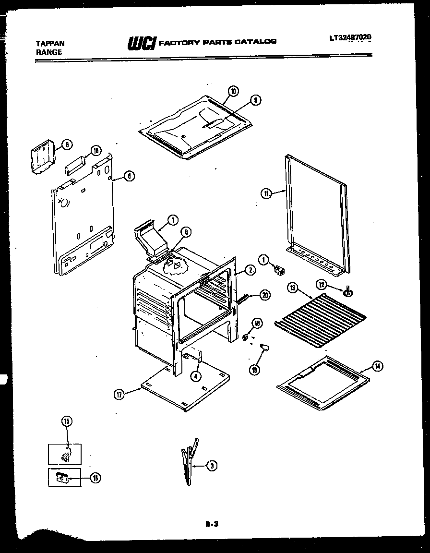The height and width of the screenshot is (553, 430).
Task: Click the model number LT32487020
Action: click(x=351, y=37)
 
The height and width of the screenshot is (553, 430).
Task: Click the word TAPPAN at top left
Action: click(x=50, y=43)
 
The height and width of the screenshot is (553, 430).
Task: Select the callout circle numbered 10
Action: click(x=233, y=91)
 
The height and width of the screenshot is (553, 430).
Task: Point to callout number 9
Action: click(x=256, y=100)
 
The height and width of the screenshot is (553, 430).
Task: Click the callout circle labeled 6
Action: click(x=67, y=144)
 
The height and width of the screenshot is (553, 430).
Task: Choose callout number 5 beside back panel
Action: click(x=129, y=176)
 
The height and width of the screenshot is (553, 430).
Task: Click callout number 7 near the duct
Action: click(x=173, y=220)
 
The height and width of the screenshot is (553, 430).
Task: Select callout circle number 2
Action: click(x=249, y=270)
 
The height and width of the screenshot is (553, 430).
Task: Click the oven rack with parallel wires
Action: click(x=321, y=318)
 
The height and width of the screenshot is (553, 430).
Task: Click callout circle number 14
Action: click(x=378, y=367)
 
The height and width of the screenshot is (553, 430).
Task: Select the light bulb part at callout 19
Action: click(x=264, y=346)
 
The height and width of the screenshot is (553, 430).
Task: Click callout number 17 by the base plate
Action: click(x=119, y=394)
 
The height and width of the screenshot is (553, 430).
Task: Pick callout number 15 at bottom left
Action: click(x=67, y=421)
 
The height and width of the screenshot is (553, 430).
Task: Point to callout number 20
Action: click(x=264, y=295)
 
